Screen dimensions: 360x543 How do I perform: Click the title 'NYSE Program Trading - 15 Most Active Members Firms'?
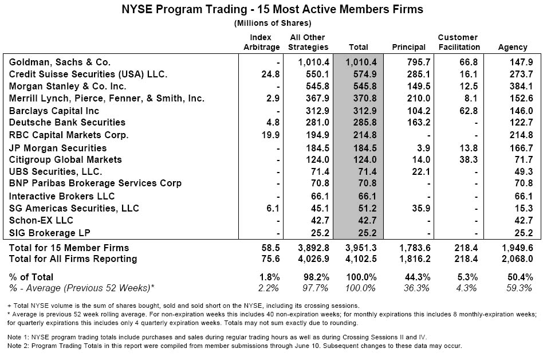(273, 9)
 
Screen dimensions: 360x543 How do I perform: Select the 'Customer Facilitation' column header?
(458, 42)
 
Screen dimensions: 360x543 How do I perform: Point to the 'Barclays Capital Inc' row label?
(54, 111)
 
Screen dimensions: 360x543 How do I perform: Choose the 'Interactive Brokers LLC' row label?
(62, 196)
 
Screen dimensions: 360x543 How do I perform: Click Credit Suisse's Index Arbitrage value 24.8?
(271, 74)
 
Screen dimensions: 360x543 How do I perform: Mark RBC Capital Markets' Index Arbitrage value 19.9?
(271, 135)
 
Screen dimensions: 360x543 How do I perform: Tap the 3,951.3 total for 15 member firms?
(360, 248)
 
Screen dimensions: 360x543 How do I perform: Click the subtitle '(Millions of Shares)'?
(273, 23)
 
